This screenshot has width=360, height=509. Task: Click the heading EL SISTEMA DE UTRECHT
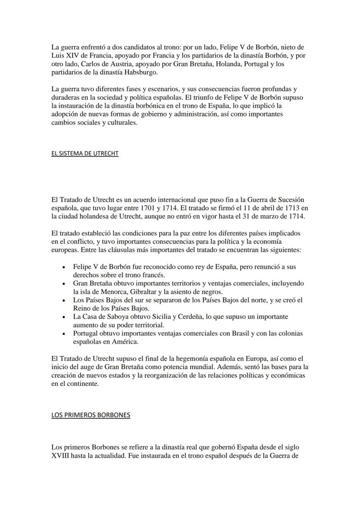tap(85, 153)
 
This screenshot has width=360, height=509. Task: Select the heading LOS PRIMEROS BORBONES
tap(90, 415)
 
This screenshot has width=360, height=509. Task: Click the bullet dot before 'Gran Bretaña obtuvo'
tap(64, 284)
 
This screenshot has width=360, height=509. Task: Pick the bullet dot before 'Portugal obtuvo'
tap(64, 334)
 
